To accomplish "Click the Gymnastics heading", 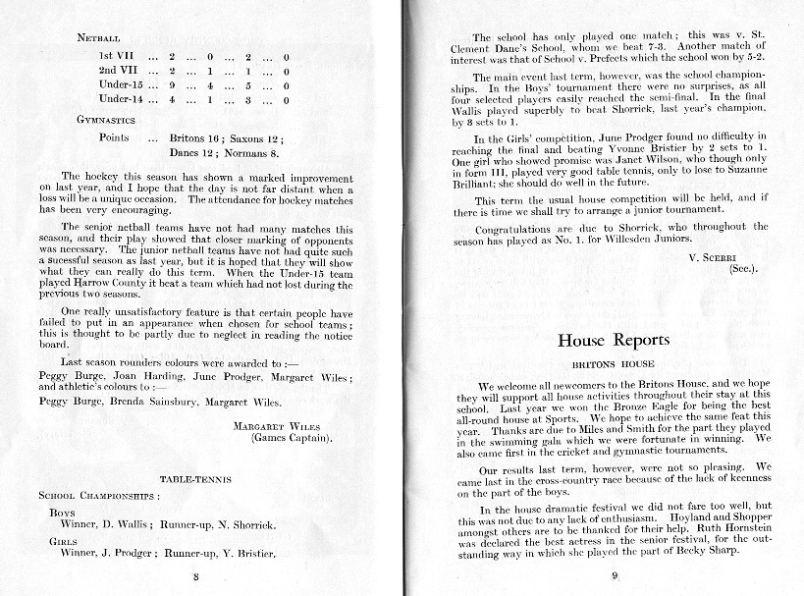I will (106, 119).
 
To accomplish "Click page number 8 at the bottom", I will (196, 577).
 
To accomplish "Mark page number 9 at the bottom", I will (614, 576).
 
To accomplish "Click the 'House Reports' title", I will (614, 341).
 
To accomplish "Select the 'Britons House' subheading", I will (614, 363).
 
